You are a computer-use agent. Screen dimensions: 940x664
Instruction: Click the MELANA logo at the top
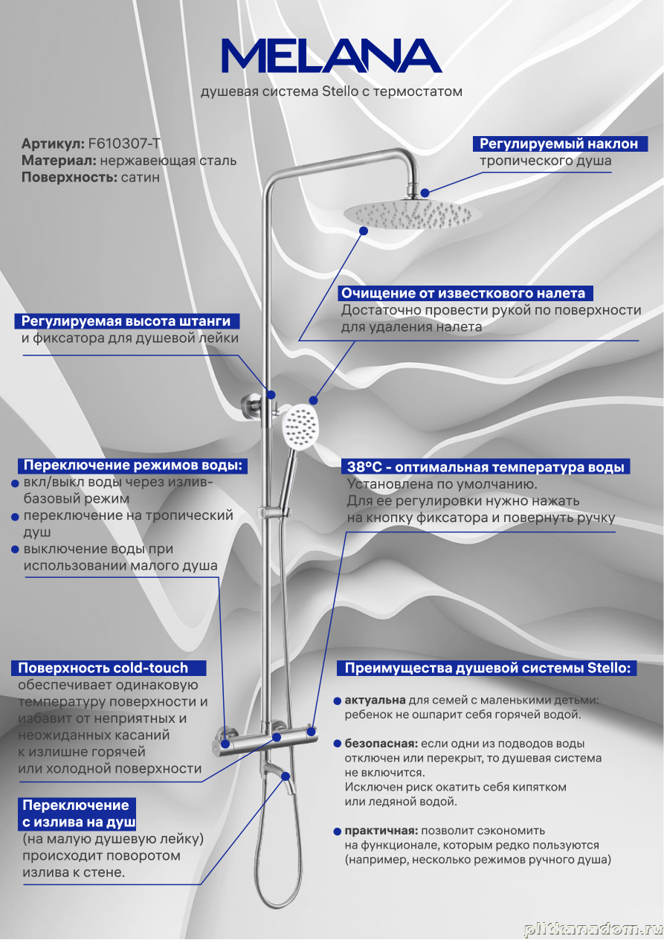332,56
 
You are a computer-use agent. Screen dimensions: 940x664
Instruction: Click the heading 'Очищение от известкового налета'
462,293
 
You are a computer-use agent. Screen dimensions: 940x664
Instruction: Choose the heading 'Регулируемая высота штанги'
125,321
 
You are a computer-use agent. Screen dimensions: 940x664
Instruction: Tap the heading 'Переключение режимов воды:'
132,466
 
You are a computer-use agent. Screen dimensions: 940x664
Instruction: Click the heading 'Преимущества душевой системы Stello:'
487,668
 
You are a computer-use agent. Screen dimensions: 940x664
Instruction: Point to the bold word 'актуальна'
375,701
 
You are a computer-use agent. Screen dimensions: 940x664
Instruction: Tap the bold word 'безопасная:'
381,744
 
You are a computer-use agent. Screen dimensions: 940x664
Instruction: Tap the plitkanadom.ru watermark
592,930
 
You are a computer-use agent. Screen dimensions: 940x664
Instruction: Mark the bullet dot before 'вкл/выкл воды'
15,483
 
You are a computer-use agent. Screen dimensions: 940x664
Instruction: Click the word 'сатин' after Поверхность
140,177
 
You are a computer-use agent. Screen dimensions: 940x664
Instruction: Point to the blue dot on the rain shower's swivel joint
425,193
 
